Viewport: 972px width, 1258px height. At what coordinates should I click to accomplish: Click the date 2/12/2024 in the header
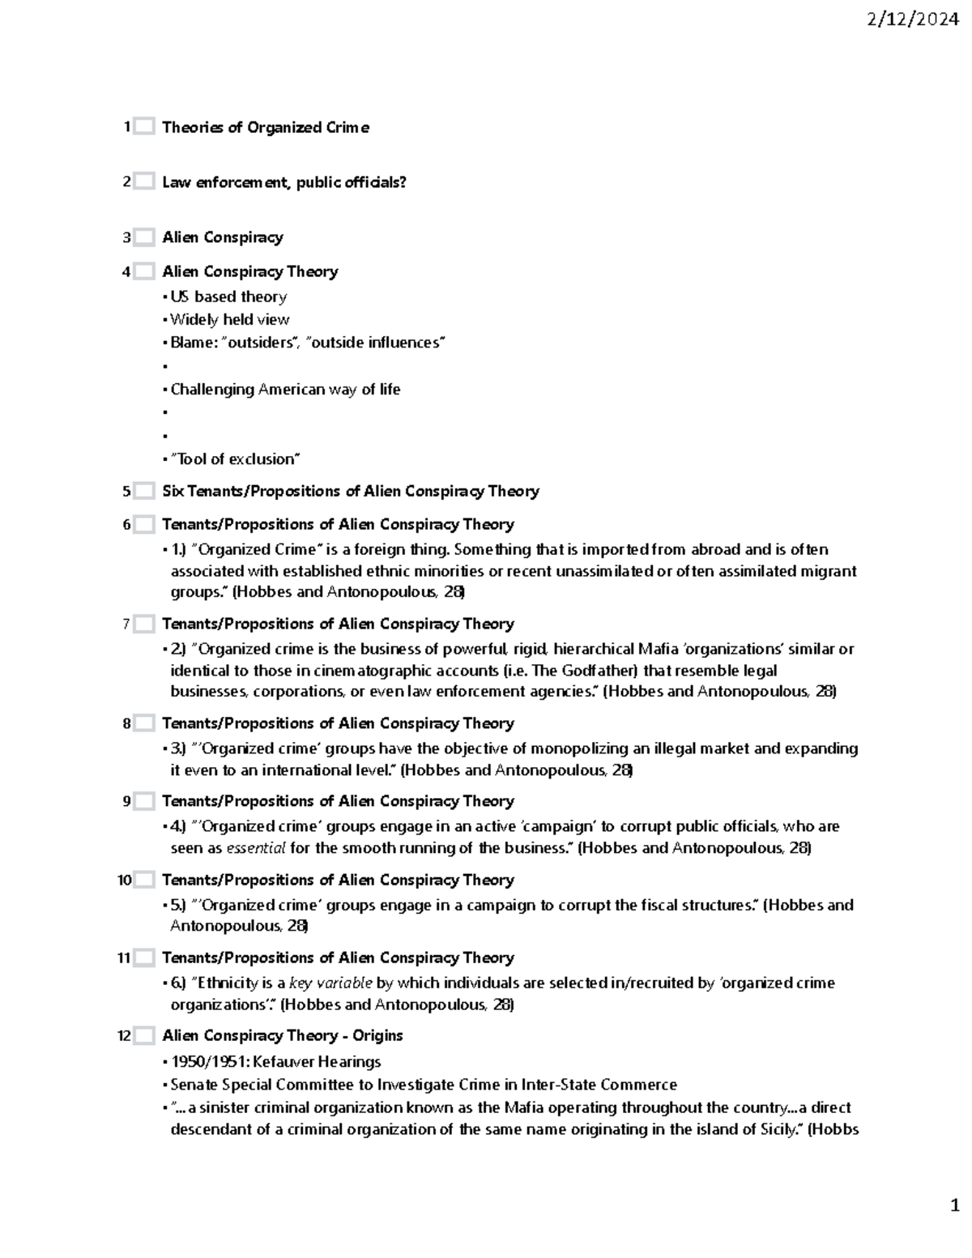click(x=912, y=20)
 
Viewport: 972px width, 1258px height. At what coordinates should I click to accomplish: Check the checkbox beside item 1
click(x=144, y=127)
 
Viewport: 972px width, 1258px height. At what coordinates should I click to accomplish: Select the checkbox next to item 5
click(x=144, y=491)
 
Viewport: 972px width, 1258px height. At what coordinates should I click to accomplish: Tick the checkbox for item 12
click(x=144, y=1035)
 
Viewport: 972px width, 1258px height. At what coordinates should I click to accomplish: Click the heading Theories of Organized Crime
click(x=266, y=127)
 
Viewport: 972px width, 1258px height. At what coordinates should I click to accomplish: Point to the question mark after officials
click(x=403, y=182)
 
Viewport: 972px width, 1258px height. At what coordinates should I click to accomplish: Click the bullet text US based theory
click(x=228, y=296)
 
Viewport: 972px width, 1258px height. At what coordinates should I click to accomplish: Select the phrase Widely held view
click(x=229, y=319)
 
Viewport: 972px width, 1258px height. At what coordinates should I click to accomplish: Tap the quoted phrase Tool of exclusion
click(x=235, y=459)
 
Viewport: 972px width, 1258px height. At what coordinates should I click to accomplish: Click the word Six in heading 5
click(x=173, y=491)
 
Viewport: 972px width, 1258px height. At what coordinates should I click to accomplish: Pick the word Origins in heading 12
click(x=377, y=1035)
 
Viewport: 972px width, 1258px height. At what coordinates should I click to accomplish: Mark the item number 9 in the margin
click(x=126, y=801)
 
